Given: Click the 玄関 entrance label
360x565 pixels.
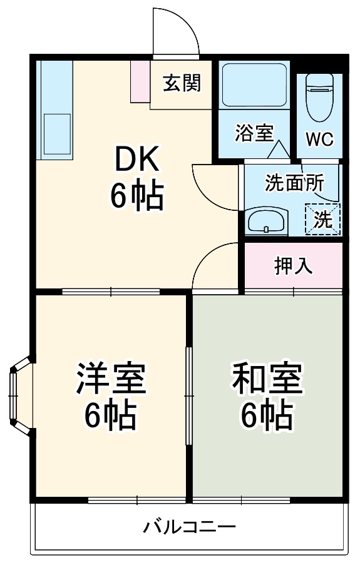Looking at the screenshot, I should [182, 83].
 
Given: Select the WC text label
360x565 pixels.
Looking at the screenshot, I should [319, 139].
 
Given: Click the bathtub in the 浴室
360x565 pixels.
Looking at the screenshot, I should [254, 86].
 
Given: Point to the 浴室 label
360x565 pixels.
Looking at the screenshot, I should [254, 133].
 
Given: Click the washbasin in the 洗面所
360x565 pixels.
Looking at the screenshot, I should [267, 220].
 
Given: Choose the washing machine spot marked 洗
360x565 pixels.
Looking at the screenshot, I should [323, 220].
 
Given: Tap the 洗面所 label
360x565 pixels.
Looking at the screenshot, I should [294, 183].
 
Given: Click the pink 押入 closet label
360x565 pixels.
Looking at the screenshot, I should [293, 266].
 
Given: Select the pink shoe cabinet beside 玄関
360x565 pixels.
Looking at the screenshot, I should [140, 81].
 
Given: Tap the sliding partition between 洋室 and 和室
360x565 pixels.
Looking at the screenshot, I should [189, 395].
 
